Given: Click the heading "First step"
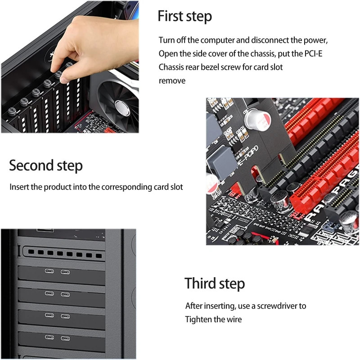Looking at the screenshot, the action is [x=184, y=17].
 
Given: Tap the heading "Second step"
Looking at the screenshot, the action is [x=46, y=166].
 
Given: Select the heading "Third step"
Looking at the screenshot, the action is [x=215, y=283].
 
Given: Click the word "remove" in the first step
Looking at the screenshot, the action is [x=172, y=81].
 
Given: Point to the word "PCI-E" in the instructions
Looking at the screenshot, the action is [x=313, y=54].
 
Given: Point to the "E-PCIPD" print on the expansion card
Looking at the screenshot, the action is [x=248, y=156].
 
